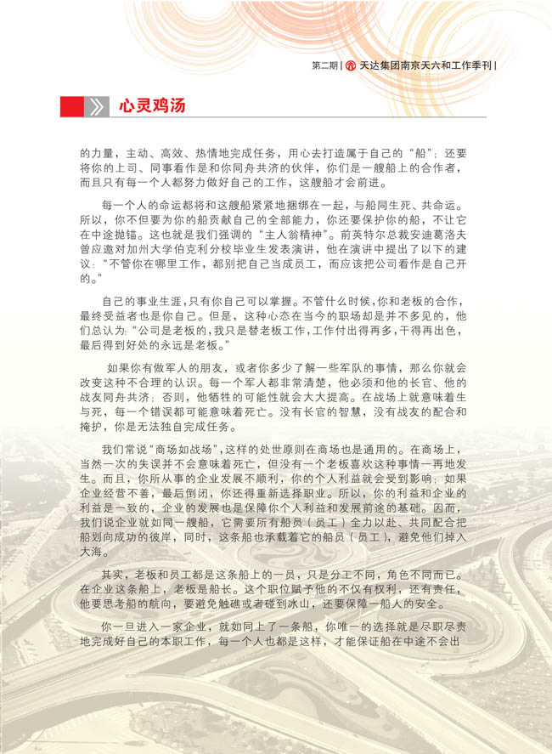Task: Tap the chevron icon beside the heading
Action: tap(97, 106)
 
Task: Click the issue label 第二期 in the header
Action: tap(324, 65)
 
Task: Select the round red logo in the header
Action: tap(349, 65)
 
